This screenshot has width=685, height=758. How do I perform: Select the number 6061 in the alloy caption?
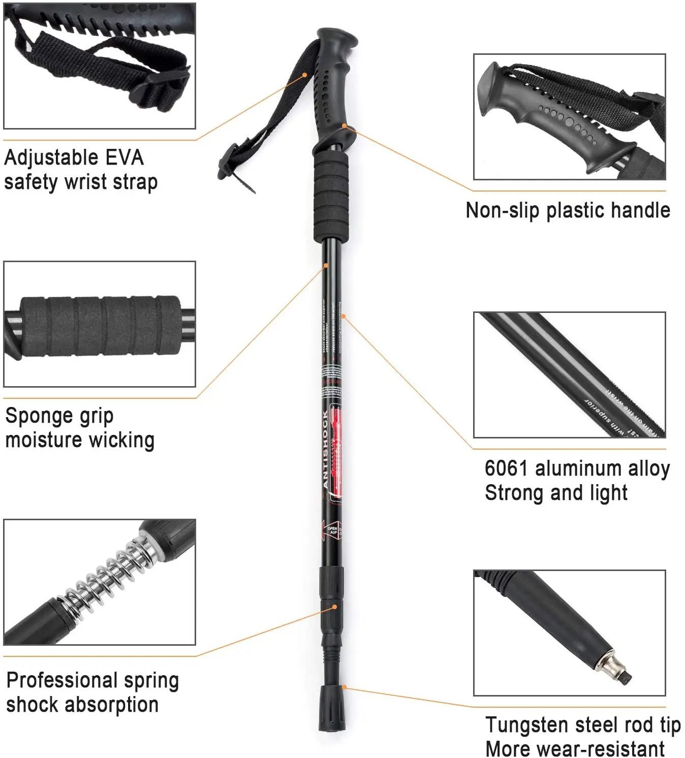point(507,468)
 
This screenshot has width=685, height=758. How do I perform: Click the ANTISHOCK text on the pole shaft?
point(326,449)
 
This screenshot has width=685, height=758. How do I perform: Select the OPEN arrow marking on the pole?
point(331,530)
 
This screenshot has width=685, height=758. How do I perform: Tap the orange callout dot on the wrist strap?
point(305,75)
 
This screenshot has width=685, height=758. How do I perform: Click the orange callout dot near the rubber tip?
point(344,687)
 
